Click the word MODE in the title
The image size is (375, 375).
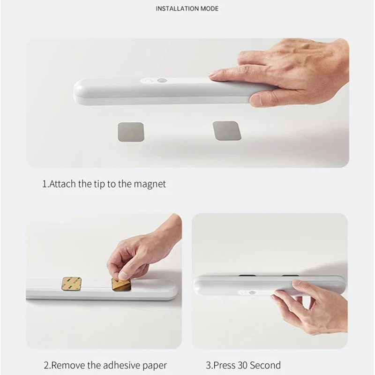(x=209, y=8)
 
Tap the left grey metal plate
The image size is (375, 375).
(x=131, y=132)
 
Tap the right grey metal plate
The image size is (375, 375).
(x=226, y=131)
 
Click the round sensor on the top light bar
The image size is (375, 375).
(x=162, y=81)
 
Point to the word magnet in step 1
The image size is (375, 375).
(x=150, y=184)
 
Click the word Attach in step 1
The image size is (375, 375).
(x=62, y=184)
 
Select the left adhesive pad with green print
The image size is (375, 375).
(x=72, y=284)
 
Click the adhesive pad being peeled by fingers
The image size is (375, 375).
(x=121, y=285)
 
